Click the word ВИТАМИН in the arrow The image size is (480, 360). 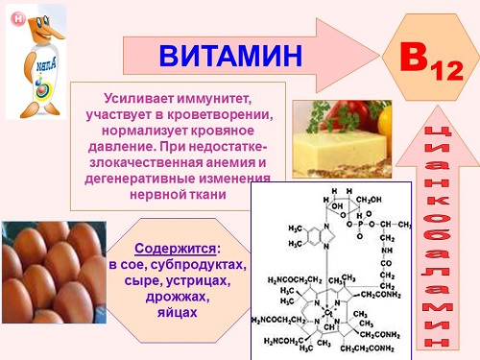pos(229,56)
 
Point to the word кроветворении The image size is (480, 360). pos(226,113)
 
